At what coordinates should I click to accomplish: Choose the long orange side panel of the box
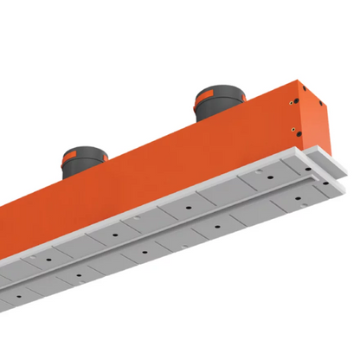173,164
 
